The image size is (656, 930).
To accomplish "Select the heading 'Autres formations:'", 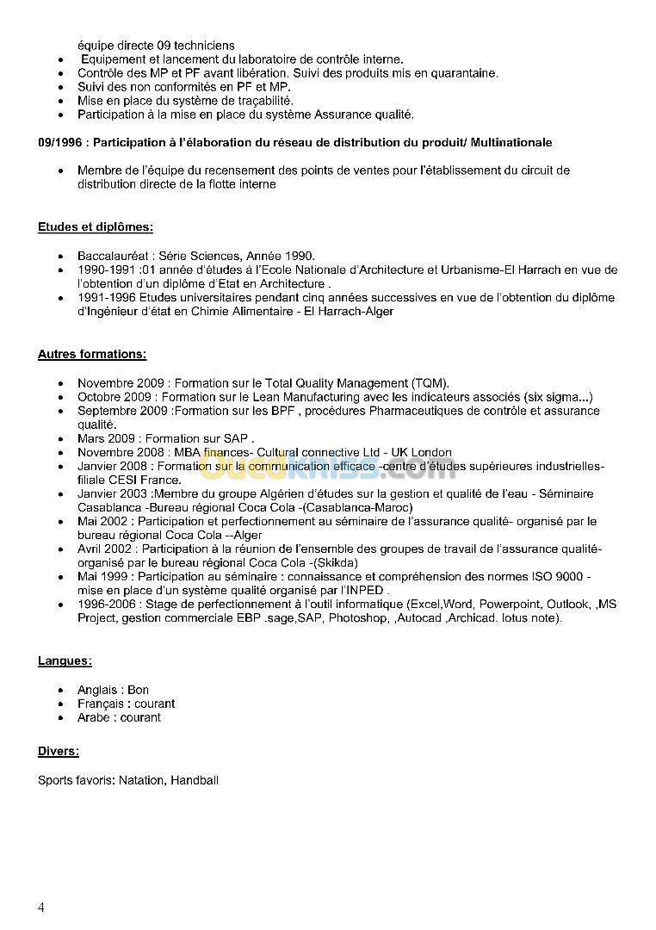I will (x=92, y=354).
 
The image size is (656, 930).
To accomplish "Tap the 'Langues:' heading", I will (x=65, y=661).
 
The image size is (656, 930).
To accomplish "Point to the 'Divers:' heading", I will (x=59, y=752).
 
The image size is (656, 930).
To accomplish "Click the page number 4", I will (x=41, y=907).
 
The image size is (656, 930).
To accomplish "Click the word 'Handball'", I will (x=195, y=780).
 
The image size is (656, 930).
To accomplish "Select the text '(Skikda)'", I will (x=337, y=563).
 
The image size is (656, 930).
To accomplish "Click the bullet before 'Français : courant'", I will (x=59, y=704).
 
